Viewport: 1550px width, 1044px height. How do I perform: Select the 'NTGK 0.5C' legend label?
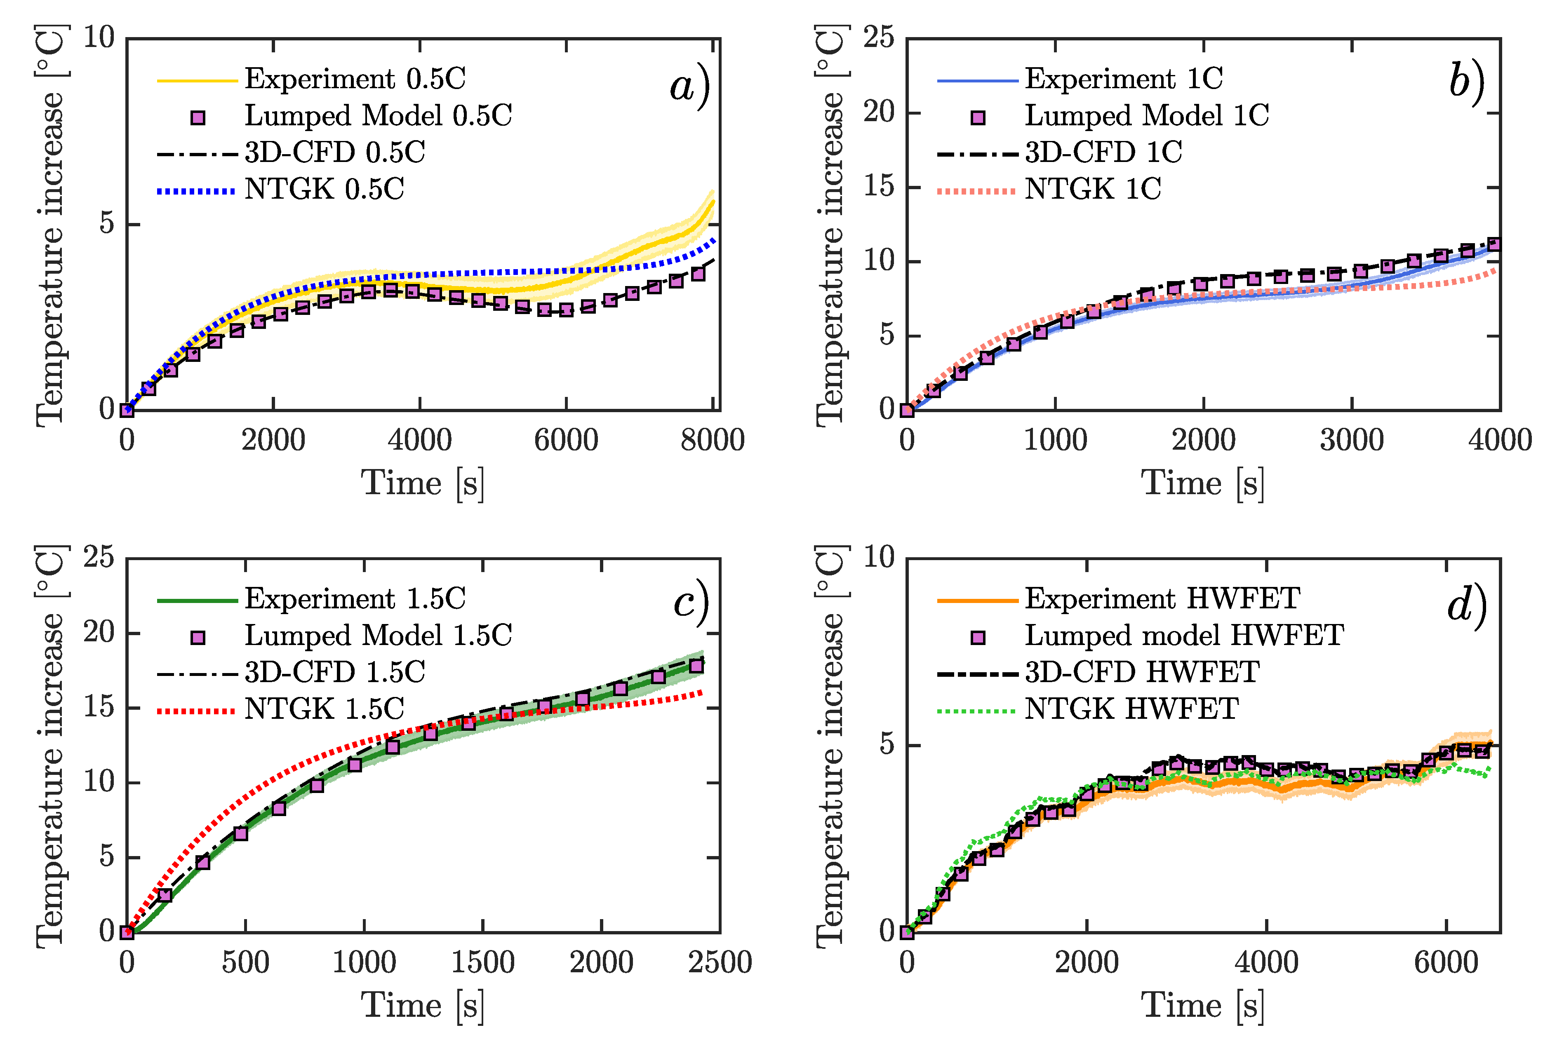coord(325,190)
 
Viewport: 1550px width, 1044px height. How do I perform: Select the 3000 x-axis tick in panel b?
coord(1352,441)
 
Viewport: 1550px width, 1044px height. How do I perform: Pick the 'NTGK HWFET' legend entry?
coord(1131,709)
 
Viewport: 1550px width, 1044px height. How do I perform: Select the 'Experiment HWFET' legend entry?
coord(1162,598)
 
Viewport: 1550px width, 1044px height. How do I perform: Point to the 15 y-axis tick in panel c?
coord(99,707)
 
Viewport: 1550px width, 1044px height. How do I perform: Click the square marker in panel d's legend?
coord(978,637)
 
